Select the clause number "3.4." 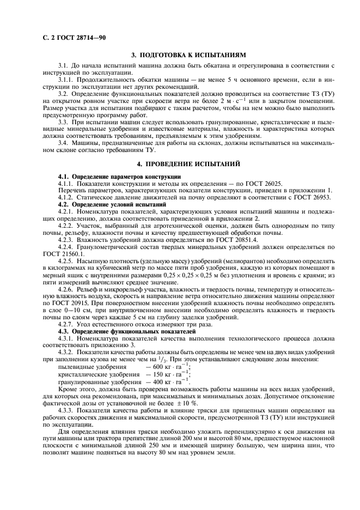click(64, 142)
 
